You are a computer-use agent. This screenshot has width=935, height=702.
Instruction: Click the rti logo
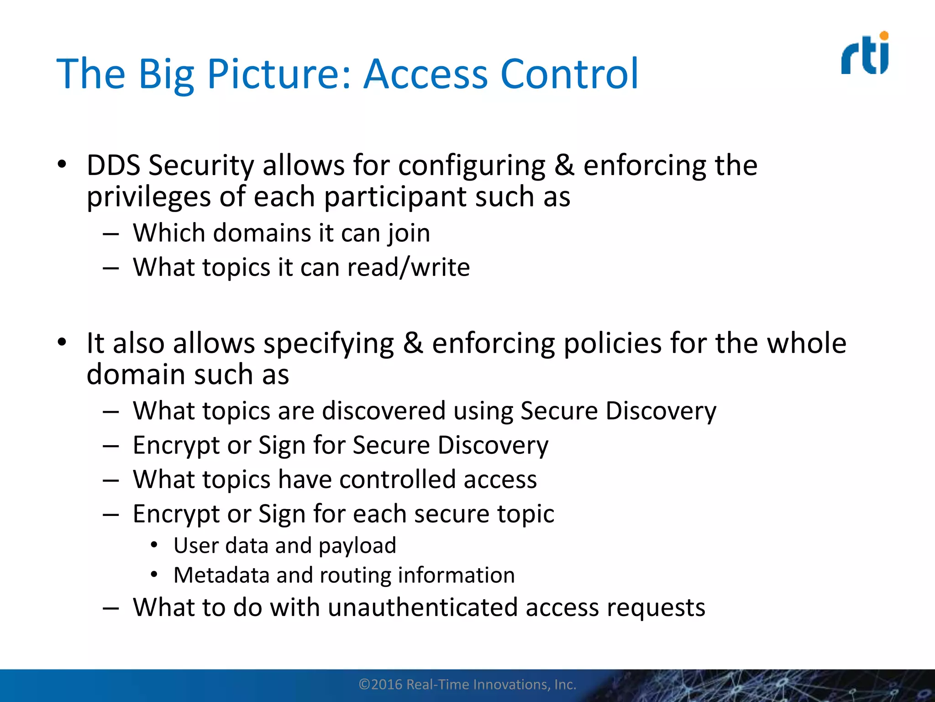[x=865, y=54]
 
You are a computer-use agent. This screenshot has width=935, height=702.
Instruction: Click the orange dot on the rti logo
[x=884, y=36]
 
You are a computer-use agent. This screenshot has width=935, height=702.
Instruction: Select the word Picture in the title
[x=279, y=74]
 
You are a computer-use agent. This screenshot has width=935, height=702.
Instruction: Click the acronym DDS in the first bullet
[x=113, y=165]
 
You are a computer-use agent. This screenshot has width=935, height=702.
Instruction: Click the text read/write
[x=408, y=267]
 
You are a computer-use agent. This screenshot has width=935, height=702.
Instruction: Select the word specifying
[x=329, y=343]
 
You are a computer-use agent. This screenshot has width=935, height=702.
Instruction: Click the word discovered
[x=383, y=411]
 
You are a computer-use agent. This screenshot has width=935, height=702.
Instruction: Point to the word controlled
[x=397, y=480]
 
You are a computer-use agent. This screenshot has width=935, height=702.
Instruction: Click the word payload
[x=357, y=546]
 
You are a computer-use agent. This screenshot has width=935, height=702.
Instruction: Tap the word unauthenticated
[x=422, y=608]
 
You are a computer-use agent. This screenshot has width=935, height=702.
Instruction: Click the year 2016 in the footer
[x=386, y=685]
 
